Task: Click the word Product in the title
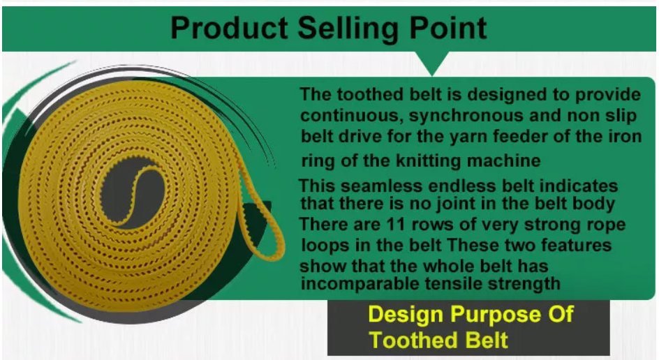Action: click(x=229, y=29)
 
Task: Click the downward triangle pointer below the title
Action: click(x=432, y=63)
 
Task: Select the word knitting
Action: click(x=428, y=161)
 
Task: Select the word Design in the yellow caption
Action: click(x=406, y=315)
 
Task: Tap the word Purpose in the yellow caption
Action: click(x=496, y=315)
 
